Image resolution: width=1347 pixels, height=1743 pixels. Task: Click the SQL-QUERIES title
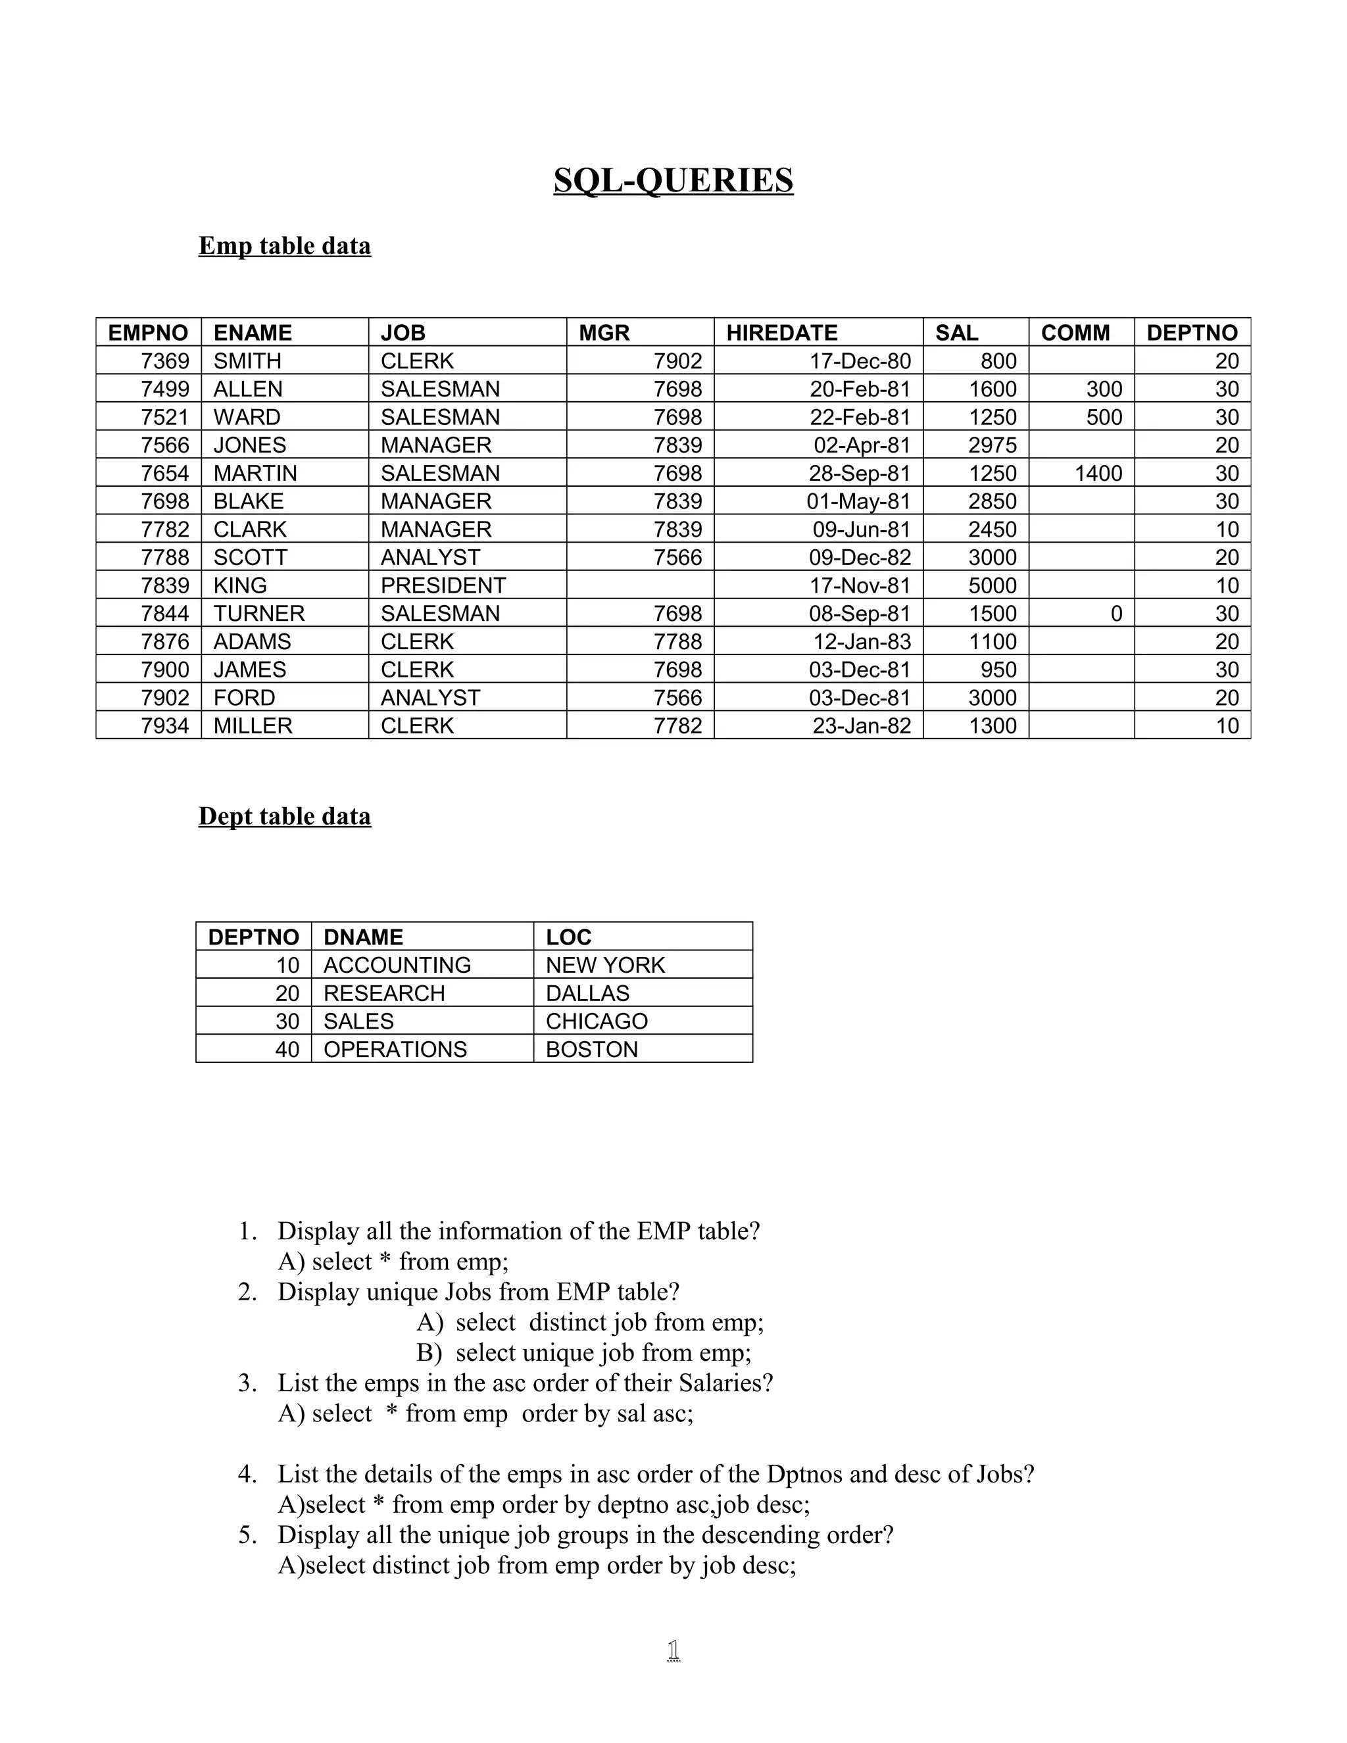[673, 180]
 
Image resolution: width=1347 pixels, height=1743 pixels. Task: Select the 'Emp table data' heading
[284, 246]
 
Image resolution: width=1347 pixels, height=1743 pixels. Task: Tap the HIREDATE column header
[781, 333]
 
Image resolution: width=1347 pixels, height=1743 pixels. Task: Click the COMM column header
[1075, 333]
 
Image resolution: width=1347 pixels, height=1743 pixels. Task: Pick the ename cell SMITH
[247, 362]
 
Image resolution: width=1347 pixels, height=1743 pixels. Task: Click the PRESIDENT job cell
[443, 586]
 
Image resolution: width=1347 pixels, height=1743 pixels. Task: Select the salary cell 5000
[992, 586]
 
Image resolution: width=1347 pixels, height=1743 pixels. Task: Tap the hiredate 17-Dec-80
[860, 362]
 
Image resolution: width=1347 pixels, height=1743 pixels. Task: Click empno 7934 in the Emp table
[165, 726]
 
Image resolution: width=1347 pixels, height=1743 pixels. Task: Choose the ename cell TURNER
[258, 614]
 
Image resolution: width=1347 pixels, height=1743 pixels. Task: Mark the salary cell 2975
[992, 445]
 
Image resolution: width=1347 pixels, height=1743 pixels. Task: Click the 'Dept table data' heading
[284, 816]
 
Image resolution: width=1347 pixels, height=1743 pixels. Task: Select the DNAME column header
[363, 937]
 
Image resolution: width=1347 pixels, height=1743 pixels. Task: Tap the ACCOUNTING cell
[397, 966]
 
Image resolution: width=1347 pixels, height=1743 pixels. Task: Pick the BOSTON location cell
[591, 1050]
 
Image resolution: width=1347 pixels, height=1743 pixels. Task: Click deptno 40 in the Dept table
[287, 1050]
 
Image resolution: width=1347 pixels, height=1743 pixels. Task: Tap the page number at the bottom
[673, 1650]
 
